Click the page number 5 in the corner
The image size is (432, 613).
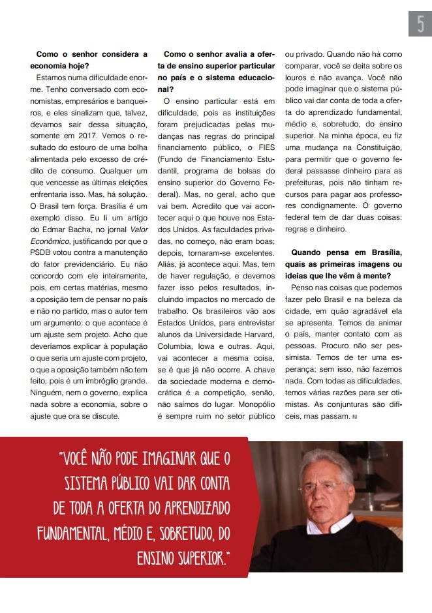420,24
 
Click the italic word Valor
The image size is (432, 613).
138,230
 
